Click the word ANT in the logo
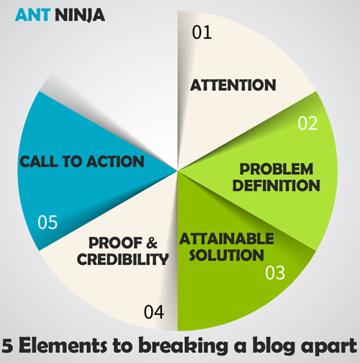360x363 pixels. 32,15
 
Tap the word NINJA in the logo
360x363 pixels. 80,15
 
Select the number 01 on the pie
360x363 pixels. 202,32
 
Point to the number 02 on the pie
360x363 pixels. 307,123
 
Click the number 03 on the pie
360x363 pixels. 275,273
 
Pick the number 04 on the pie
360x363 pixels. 154,312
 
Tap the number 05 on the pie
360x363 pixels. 48,222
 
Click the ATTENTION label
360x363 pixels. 233,85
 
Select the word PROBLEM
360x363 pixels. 276,169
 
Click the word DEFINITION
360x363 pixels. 276,185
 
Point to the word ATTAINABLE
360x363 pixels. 227,238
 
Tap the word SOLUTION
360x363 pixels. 227,255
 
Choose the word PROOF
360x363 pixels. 115,243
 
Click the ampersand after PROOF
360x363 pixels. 152,243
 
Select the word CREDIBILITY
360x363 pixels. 122,259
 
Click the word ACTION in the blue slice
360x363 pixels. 115,161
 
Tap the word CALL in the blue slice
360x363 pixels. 39,161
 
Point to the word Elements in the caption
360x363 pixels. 63,346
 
